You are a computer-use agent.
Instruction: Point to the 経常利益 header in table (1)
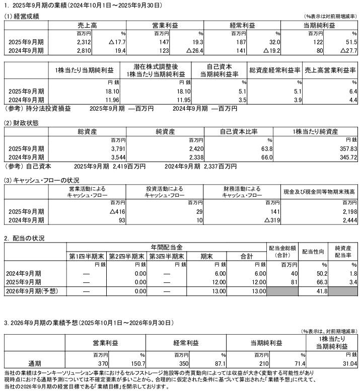[240, 25]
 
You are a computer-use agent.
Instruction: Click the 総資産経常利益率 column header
[274, 70]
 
